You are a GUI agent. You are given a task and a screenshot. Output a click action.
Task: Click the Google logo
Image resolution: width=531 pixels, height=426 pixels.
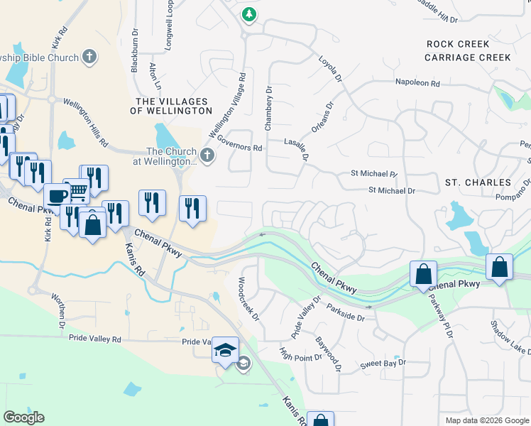23,417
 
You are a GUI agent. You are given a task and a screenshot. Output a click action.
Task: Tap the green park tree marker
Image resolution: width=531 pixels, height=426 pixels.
248,13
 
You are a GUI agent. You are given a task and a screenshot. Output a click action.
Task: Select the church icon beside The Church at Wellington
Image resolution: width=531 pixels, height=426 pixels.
207,155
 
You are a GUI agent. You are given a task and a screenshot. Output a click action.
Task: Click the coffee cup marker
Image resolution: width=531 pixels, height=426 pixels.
57,197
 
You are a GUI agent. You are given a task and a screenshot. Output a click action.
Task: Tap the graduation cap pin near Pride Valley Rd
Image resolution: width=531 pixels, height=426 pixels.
226,351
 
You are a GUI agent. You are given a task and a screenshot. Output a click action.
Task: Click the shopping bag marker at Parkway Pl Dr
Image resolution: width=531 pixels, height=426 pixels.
423,274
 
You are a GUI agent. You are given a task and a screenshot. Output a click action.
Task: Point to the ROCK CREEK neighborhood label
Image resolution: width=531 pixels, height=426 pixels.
458,44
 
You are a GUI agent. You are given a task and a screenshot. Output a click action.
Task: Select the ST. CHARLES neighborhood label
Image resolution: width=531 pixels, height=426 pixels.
478,182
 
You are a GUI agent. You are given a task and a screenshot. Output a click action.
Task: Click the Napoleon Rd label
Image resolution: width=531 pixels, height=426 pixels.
418,83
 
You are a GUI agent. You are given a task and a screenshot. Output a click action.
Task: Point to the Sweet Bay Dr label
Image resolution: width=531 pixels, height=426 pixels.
383,363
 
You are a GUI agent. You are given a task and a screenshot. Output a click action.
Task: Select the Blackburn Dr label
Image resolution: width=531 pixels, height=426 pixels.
134,50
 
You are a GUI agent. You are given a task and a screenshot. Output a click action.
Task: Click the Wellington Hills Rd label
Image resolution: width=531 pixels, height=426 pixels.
85,123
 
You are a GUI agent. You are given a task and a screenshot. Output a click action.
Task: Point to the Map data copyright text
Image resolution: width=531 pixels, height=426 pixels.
486,420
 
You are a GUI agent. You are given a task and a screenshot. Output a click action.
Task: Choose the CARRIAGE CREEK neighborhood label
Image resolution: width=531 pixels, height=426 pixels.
469,58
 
